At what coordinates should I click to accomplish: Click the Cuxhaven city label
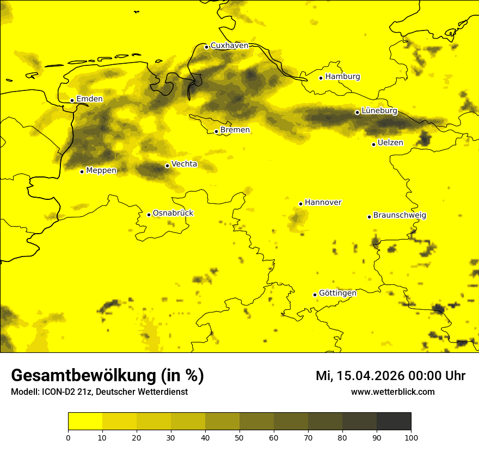pos(229,46)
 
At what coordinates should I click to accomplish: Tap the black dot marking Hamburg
pos(321,78)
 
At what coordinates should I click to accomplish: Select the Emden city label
pos(89,99)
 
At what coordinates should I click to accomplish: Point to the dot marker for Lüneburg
pos(357,112)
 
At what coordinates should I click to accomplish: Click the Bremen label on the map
pos(235,130)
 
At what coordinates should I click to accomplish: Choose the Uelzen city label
pos(390,143)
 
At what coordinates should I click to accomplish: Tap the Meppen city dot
pos(82,172)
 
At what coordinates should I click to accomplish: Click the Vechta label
pos(184,164)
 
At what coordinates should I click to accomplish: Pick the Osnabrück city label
pos(173,213)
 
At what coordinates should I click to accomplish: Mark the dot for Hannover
pos(300,204)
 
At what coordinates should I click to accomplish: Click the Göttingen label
pos(337,293)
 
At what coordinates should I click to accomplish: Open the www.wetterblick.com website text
pos(393,392)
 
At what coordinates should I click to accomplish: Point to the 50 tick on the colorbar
pos(239,437)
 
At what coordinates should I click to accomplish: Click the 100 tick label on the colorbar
pos(411,437)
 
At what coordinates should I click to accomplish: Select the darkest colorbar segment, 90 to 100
pos(394,422)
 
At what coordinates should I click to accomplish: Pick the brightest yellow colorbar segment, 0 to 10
pos(85,422)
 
